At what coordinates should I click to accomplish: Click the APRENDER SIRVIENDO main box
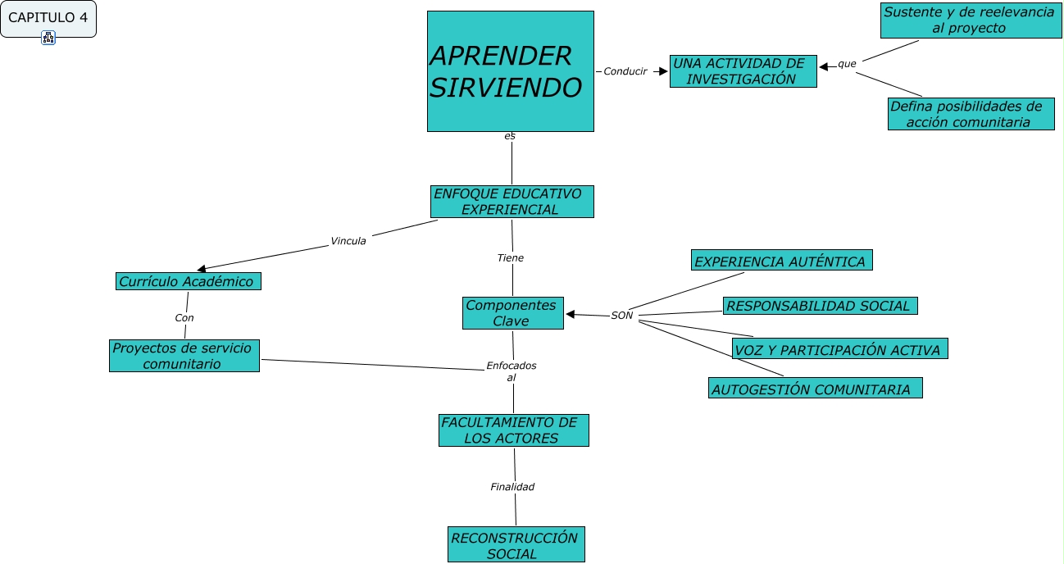(510, 71)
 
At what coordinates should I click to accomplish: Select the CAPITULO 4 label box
(48, 18)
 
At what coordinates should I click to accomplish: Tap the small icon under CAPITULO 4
(48, 38)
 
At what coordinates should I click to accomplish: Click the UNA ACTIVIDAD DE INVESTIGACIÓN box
(743, 71)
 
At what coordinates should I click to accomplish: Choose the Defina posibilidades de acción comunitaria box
(971, 114)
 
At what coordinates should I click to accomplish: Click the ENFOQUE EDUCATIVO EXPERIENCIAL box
(512, 202)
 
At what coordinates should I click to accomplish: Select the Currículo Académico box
(188, 281)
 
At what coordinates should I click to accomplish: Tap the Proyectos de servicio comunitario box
(184, 356)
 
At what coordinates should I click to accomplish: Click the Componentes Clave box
(512, 313)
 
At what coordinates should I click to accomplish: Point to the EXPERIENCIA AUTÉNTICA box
(781, 261)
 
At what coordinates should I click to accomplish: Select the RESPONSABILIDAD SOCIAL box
(820, 306)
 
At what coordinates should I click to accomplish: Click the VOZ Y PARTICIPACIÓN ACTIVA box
(839, 349)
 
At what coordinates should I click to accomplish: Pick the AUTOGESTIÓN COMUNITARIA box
(815, 389)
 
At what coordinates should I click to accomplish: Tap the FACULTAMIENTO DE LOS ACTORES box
(513, 430)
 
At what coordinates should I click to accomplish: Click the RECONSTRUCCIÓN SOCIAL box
(516, 545)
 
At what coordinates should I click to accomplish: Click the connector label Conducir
(625, 71)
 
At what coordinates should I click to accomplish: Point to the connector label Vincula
(348, 241)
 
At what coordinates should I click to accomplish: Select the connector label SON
(622, 316)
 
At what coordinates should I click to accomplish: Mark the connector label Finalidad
(512, 487)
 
